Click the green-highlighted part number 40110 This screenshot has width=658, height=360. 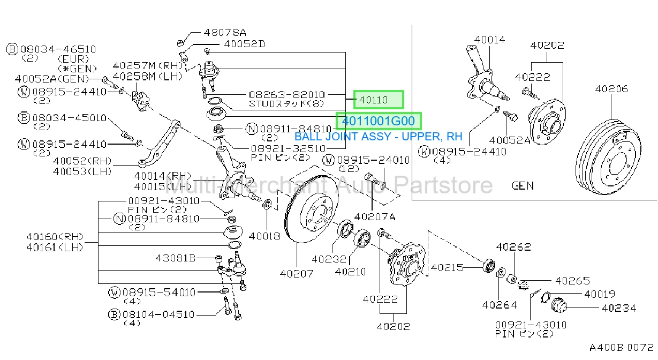373,100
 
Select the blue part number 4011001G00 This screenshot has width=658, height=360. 379,121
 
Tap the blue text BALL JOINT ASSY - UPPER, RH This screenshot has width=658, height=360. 379,137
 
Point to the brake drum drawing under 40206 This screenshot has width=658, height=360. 608,156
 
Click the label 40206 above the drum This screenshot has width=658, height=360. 611,89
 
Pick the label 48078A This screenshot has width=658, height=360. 225,32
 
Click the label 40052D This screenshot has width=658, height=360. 244,44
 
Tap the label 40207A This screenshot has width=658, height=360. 375,217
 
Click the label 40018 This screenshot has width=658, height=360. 264,236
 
